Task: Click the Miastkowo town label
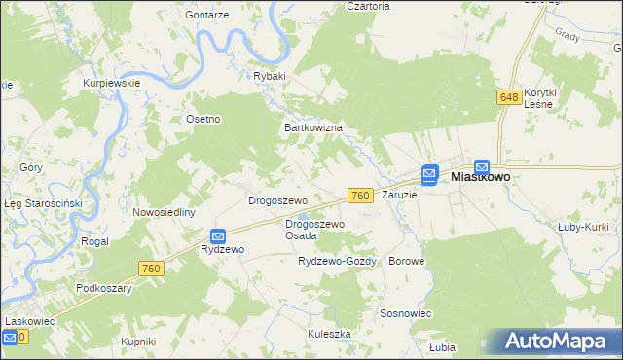(482, 179)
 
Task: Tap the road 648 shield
(509, 97)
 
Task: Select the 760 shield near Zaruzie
(359, 196)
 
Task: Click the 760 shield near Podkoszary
(151, 269)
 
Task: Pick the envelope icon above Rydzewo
(219, 235)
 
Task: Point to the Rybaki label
(270, 76)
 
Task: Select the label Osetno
(203, 119)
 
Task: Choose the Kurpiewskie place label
(112, 83)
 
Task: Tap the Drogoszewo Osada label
(314, 230)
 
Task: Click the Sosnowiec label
(406, 313)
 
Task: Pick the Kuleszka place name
(329, 333)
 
